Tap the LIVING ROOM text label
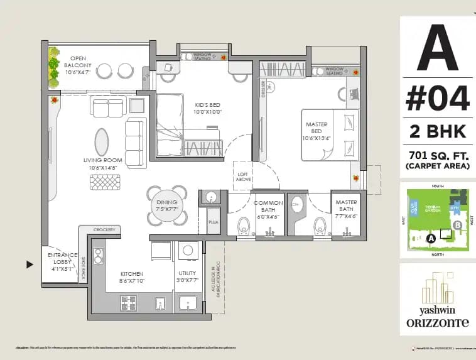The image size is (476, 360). coord(102,164)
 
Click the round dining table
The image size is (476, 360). coord(168,205)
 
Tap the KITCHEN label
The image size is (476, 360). coord(132,277)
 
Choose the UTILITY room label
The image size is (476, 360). coord(187,277)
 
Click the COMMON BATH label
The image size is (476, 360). coord(269,207)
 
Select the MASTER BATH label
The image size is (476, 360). coord(346,207)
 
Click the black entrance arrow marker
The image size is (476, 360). coord(30,265)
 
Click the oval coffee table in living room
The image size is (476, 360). coord(101,142)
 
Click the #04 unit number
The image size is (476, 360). coord(437,99)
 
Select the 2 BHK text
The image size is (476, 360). coord(437,131)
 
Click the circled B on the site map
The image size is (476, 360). coord(457,224)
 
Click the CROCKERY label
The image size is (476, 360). coord(104,231)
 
